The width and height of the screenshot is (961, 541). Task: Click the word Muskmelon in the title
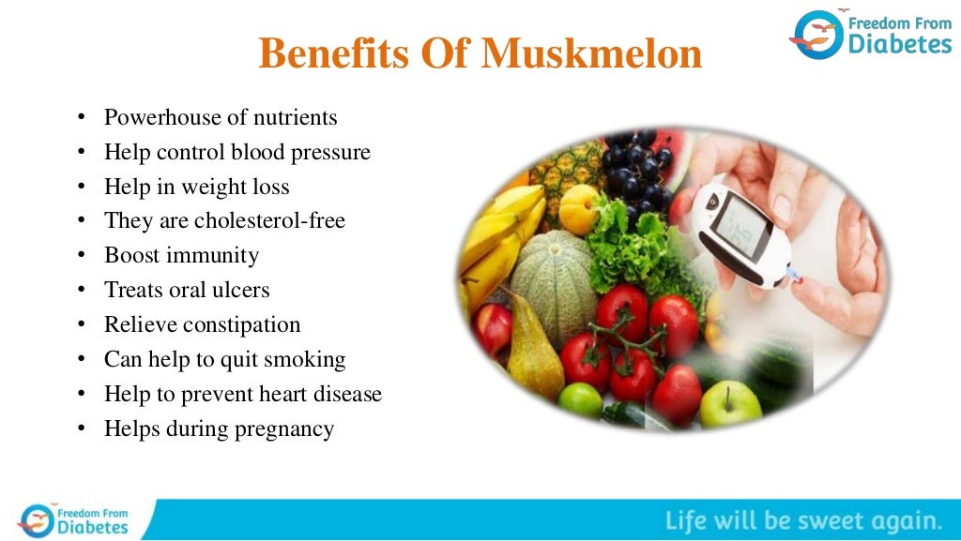click(591, 54)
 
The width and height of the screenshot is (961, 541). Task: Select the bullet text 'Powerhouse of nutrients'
click(221, 117)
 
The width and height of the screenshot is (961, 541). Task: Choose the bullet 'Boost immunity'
click(181, 255)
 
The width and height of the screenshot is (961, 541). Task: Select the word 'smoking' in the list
click(308, 359)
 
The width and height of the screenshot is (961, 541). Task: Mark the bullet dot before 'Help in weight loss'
click(83, 188)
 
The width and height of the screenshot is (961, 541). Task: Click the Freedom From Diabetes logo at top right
click(870, 34)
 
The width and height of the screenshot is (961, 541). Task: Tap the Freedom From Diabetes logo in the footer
click(75, 519)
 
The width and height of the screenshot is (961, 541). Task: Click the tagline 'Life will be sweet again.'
click(803, 520)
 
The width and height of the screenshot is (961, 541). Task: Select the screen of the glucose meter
click(734, 227)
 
